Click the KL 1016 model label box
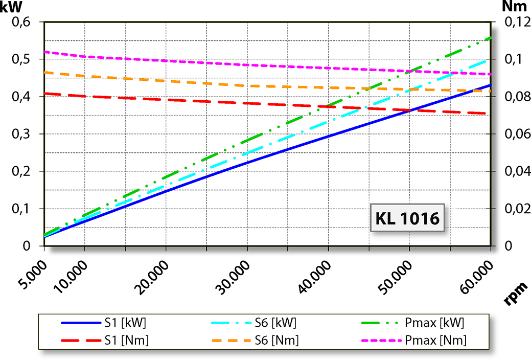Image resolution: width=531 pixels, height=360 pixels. point(407,218)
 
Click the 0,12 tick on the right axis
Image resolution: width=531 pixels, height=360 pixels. point(515,22)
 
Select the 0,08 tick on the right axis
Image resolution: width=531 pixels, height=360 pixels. point(515,97)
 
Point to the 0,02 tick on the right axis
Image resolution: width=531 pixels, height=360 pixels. point(515,209)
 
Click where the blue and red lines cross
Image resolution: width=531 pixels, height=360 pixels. point(409,110)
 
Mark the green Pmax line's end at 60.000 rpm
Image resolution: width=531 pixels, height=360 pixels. point(490,38)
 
